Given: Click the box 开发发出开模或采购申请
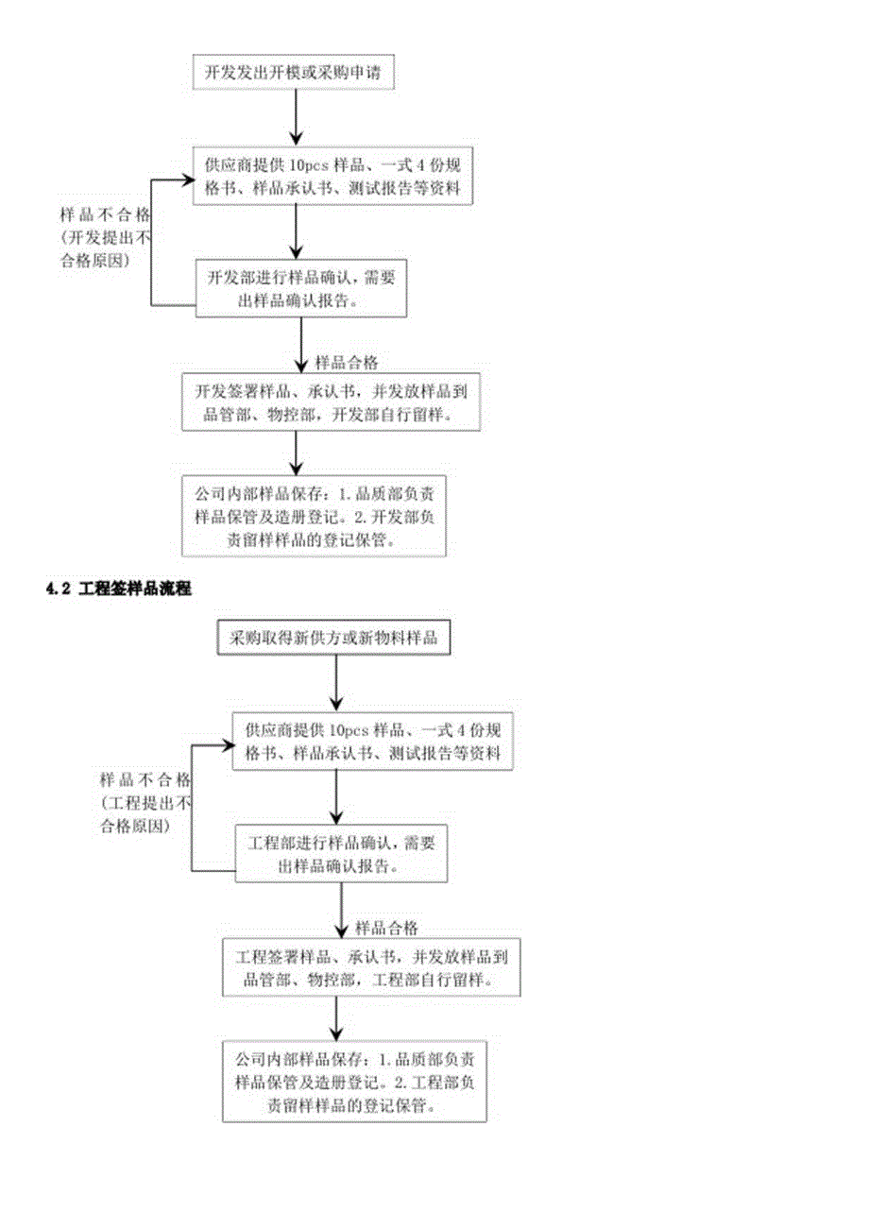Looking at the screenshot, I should (292, 72).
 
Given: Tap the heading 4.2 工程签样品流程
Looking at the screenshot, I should (119, 589).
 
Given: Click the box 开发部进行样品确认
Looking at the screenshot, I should (300, 288).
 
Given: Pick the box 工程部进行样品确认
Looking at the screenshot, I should (340, 852).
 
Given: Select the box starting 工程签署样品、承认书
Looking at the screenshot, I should (371, 967).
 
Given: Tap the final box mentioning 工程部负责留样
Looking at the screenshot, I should (354, 1081).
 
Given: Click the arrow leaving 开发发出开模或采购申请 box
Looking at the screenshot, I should (297, 118).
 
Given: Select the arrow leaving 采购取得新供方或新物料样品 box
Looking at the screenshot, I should (336, 683).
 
